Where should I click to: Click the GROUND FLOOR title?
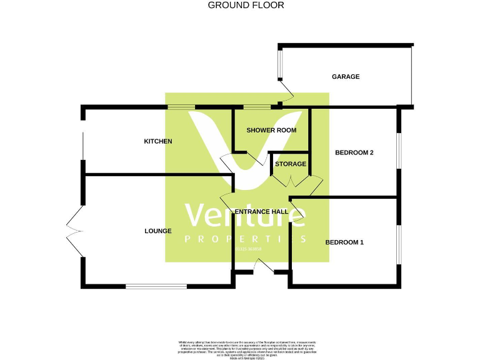click(246, 5)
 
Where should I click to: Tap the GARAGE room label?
click(346, 77)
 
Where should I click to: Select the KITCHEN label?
click(158, 141)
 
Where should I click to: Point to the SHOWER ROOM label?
click(271, 130)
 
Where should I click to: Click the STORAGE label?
click(291, 164)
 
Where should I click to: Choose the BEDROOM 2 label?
click(354, 152)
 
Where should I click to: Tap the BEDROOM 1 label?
click(344, 242)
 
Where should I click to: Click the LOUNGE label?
click(158, 231)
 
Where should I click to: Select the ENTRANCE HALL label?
click(261, 212)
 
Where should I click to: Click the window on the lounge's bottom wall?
click(156, 286)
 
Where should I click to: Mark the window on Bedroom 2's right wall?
click(398, 150)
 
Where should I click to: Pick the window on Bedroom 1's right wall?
click(398, 244)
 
